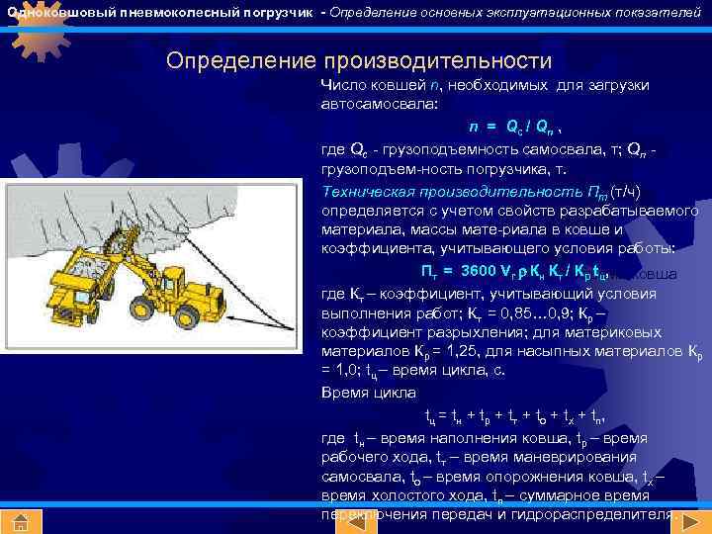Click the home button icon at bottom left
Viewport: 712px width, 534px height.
[x=20, y=521]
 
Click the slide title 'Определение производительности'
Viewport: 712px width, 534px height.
[x=359, y=60]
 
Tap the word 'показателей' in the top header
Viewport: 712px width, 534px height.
[x=663, y=13]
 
